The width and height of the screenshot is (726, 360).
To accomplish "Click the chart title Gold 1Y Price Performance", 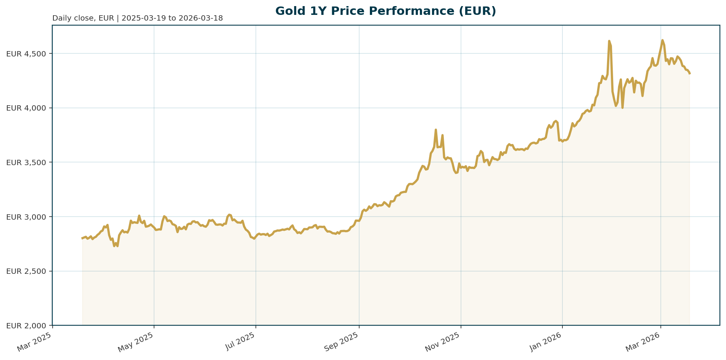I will pyautogui.click(x=385, y=11).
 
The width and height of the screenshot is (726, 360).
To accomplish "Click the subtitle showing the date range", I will pyautogui.click(x=137, y=18).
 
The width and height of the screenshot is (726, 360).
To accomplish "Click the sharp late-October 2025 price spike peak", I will pyautogui.click(x=436, y=130).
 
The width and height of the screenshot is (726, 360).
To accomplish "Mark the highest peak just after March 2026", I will pyautogui.click(x=662, y=40).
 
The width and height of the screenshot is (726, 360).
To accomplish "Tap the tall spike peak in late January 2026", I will pyautogui.click(x=609, y=41).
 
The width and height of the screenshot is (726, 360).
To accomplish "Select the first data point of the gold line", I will pyautogui.click(x=82, y=238).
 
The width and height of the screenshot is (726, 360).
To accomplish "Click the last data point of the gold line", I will pyautogui.click(x=689, y=74).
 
